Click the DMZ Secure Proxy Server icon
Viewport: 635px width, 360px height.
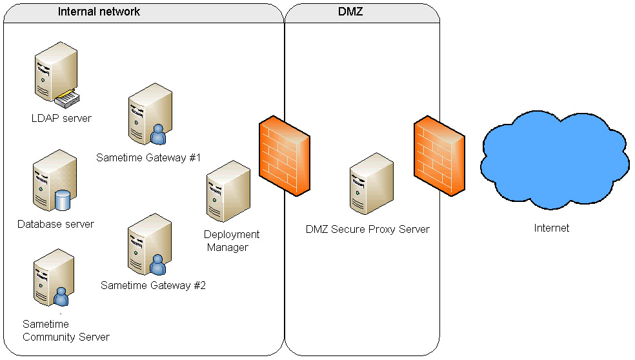(371, 184)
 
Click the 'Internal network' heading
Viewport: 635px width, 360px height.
(99, 12)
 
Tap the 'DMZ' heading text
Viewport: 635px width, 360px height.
(350, 12)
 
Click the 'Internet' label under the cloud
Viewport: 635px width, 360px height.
(552, 228)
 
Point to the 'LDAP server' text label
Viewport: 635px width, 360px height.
(61, 118)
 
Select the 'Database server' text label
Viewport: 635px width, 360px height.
(55, 224)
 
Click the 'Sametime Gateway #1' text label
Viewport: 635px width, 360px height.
(149, 157)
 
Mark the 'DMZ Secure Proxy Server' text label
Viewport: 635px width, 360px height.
(367, 229)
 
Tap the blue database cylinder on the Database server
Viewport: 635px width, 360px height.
(63, 200)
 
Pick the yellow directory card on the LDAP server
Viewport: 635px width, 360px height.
(68, 99)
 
